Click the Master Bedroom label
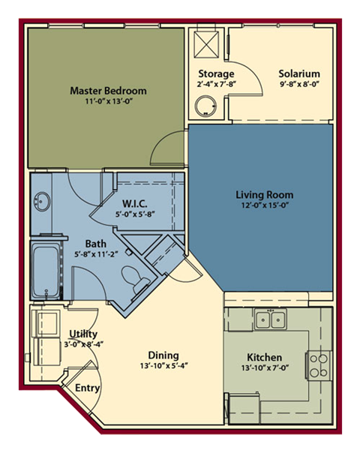click(108, 91)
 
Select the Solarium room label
click(299, 74)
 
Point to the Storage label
click(217, 74)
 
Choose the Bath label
click(95, 244)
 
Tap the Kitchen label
click(264, 357)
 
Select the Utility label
click(82, 333)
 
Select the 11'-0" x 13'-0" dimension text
click(108, 102)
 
